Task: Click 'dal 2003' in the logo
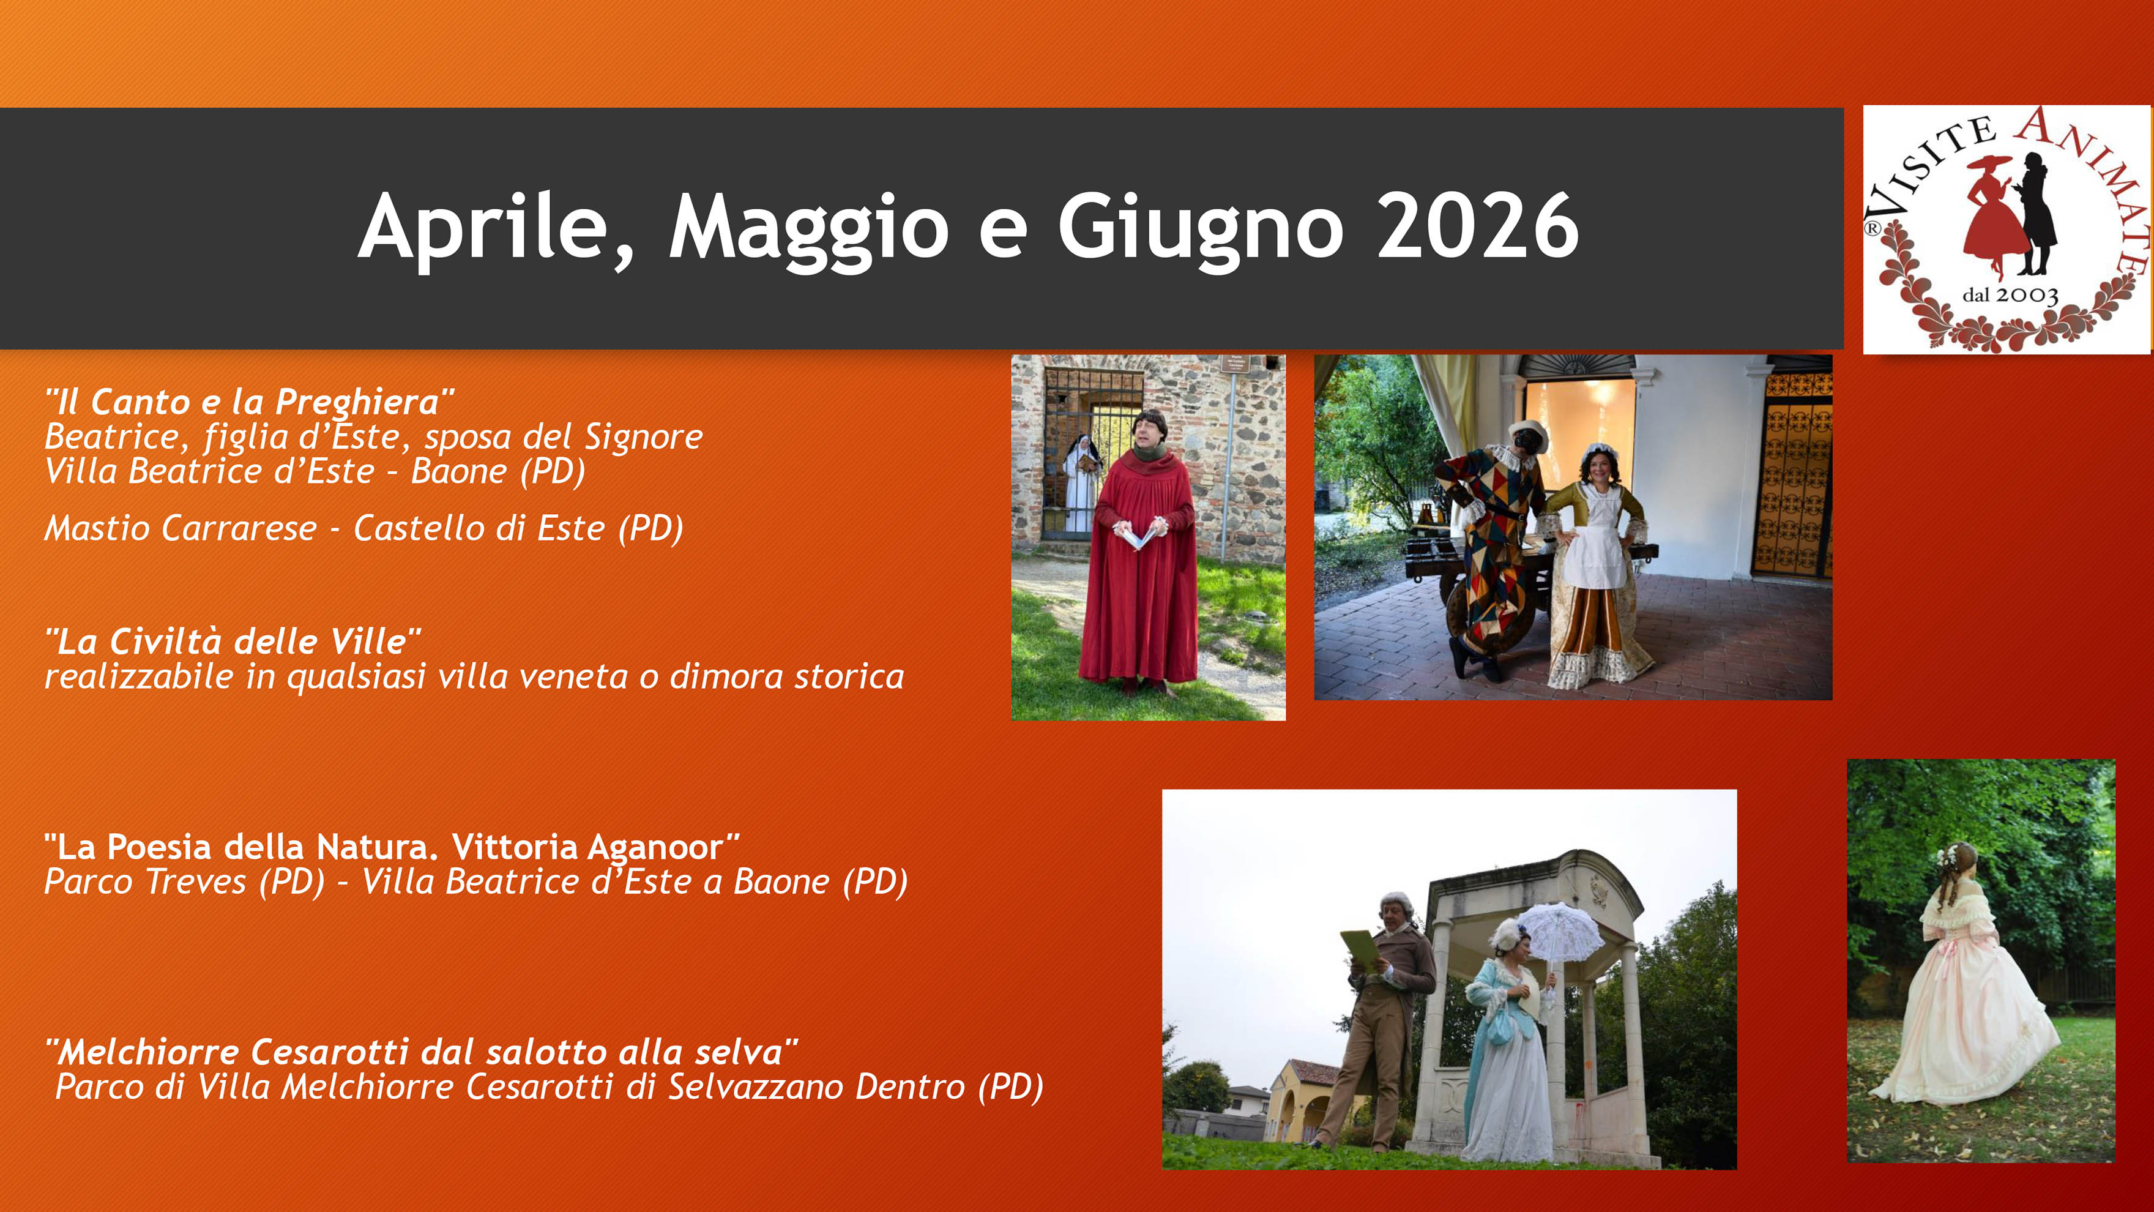[x=2010, y=295]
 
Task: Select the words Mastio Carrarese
[x=181, y=528]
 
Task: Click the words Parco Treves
[x=144, y=881]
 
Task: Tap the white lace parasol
[x=1559, y=933]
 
